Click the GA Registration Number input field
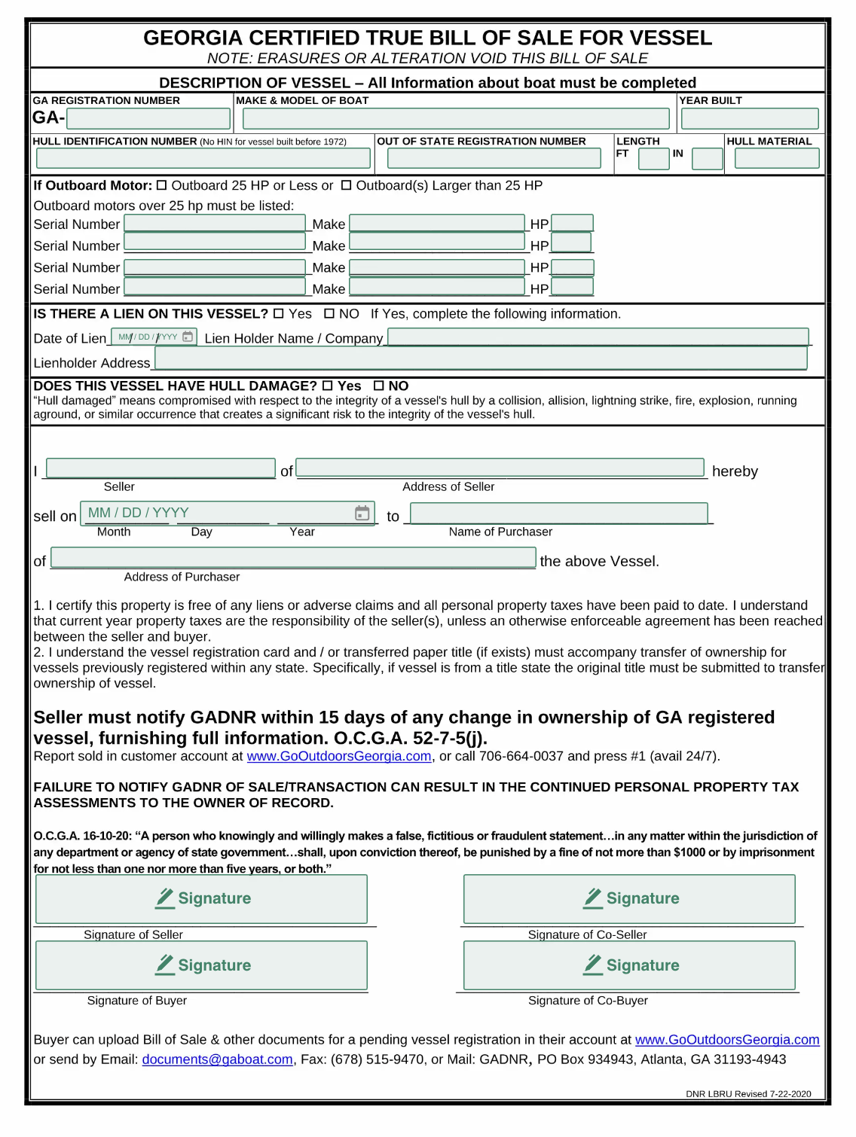pos(148,118)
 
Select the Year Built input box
pos(749,118)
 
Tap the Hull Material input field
pos(776,158)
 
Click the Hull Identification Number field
pos(203,158)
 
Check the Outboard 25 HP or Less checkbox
pos(161,185)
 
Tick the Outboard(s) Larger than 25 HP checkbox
pos(346,185)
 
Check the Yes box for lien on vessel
pos(279,313)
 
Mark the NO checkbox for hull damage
pos(379,386)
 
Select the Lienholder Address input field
pos(480,358)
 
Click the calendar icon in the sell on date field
pos(362,513)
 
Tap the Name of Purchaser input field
pos(558,513)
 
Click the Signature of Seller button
pos(201,898)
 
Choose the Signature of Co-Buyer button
pos(629,965)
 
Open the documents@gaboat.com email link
pos(217,1059)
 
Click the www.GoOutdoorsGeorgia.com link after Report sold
pos(338,756)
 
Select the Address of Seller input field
pos(500,468)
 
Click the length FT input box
pos(653,159)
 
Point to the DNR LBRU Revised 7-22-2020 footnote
pos(747,1094)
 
